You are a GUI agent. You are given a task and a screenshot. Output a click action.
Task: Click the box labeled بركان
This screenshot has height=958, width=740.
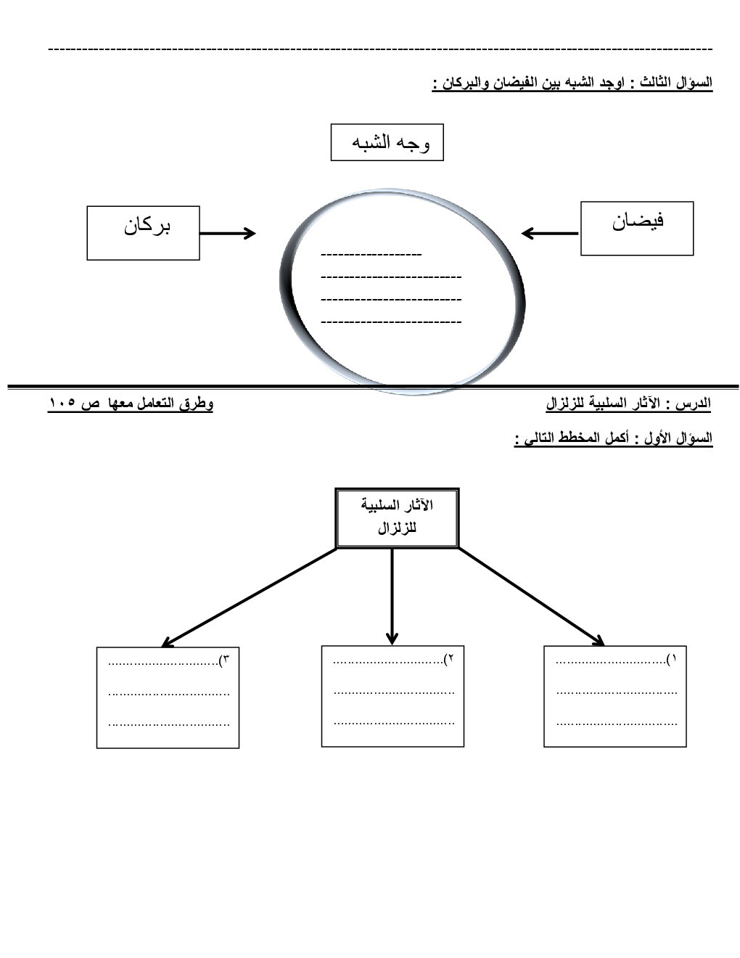pyautogui.click(x=143, y=232)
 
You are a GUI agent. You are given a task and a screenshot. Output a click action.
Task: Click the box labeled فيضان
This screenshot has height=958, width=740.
pyautogui.click(x=637, y=229)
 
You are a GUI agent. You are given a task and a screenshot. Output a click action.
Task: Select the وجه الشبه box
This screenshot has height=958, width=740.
pyautogui.click(x=387, y=142)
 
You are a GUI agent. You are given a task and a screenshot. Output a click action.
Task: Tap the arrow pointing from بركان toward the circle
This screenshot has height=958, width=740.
pyautogui.click(x=227, y=233)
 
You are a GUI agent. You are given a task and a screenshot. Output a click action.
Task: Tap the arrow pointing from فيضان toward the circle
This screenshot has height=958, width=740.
pyautogui.click(x=550, y=233)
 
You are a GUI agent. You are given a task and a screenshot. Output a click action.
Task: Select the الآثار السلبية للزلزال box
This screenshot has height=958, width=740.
pyautogui.click(x=397, y=517)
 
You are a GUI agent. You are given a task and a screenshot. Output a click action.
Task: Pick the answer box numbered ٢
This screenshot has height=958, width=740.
pyautogui.click(x=392, y=696)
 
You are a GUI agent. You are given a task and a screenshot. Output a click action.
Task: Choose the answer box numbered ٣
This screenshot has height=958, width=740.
pyautogui.click(x=168, y=697)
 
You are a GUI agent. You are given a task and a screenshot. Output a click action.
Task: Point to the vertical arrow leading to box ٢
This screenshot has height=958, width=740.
pyautogui.click(x=392, y=595)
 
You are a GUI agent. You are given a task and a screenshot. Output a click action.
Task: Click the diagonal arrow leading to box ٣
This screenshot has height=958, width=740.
pyautogui.click(x=250, y=596)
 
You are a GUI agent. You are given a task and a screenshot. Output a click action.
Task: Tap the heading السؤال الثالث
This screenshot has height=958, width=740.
pyautogui.click(x=672, y=83)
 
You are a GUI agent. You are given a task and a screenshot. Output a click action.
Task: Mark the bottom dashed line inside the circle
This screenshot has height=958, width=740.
pyautogui.click(x=390, y=322)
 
